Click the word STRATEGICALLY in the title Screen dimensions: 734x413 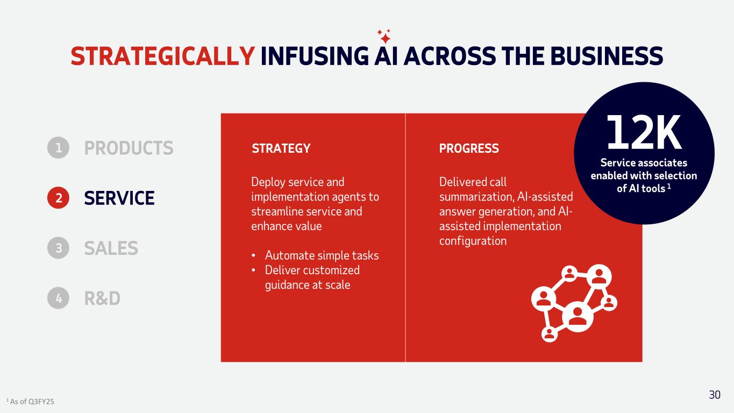click(162, 56)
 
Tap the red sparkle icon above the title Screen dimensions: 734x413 click(384, 36)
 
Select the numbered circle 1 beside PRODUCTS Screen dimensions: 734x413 click(58, 148)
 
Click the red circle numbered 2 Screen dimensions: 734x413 click(58, 198)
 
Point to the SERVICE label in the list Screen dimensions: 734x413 click(119, 198)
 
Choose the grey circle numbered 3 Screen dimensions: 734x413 click(58, 248)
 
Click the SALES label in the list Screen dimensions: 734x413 click(111, 248)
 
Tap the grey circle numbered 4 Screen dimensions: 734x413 click(58, 298)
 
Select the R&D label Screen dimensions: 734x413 click(102, 298)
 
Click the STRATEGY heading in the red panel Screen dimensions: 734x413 click(281, 148)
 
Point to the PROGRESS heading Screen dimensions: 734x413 click(469, 148)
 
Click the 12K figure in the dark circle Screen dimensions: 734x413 click(644, 132)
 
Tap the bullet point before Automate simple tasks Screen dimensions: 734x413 click(253, 255)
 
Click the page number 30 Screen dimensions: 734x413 click(715, 395)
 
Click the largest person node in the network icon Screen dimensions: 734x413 click(578, 316)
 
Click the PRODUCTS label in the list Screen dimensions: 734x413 click(129, 148)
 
